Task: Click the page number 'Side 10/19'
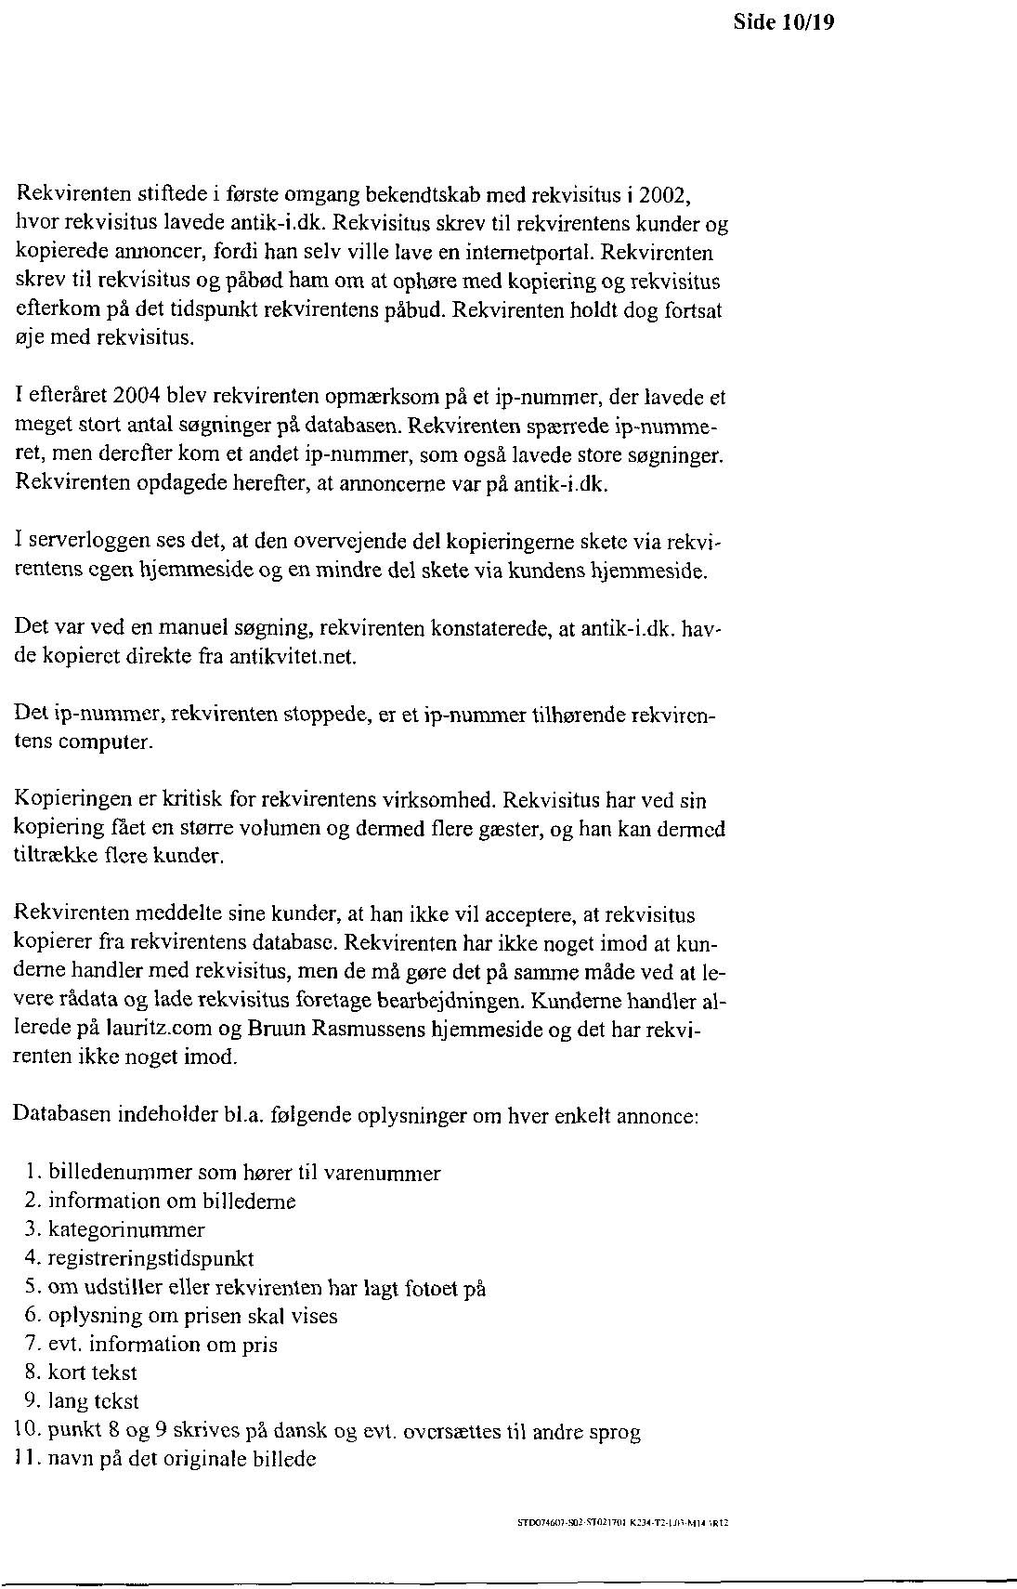coord(784,22)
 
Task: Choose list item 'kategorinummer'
coord(126,1229)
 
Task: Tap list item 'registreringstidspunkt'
coord(150,1258)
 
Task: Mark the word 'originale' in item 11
coord(211,1459)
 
